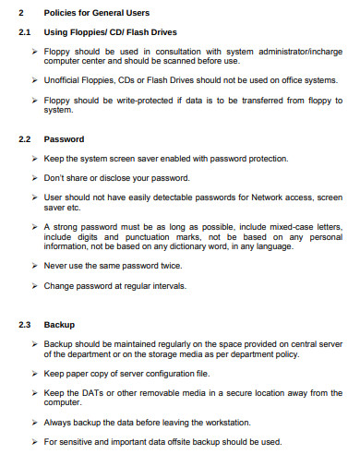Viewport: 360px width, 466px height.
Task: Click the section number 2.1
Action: (24, 32)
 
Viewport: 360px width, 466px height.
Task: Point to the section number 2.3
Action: (24, 325)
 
